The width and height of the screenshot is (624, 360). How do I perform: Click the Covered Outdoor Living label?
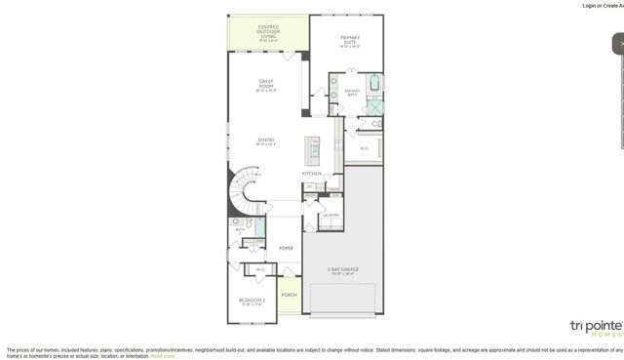(x=267, y=32)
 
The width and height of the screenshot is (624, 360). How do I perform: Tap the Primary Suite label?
(x=349, y=40)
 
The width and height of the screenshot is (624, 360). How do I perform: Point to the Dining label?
(x=266, y=141)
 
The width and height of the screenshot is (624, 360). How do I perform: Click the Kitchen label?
(x=312, y=174)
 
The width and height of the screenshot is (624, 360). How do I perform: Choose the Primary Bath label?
(x=352, y=92)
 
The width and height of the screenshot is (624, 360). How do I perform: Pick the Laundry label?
(x=331, y=215)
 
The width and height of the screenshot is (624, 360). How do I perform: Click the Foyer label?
(x=287, y=248)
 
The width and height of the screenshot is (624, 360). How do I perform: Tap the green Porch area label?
(x=289, y=294)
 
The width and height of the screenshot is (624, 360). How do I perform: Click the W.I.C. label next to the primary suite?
(x=364, y=149)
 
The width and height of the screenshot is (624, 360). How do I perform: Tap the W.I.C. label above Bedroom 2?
(x=259, y=269)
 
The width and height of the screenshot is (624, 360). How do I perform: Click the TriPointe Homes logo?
(x=595, y=327)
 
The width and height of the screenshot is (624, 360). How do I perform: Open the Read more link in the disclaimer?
(x=163, y=356)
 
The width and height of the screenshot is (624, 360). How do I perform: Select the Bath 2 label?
(x=239, y=230)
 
